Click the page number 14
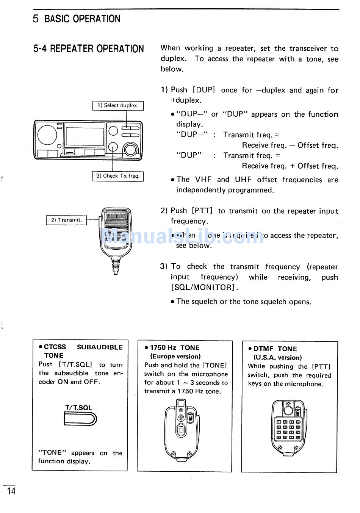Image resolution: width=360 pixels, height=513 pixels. [x=11, y=491]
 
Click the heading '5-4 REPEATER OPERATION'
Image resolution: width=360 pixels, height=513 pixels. [x=89, y=49]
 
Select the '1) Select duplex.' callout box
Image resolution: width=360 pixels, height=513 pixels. [x=118, y=106]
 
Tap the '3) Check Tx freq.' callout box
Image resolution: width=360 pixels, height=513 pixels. [x=118, y=176]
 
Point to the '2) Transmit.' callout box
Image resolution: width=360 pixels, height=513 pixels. [x=66, y=220]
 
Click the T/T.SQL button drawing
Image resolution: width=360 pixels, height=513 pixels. [x=80, y=419]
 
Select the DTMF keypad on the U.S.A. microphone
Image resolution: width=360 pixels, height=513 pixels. [x=288, y=429]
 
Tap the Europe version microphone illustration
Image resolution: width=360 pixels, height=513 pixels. [x=182, y=428]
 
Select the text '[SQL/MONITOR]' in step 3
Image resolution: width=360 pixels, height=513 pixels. [x=203, y=288]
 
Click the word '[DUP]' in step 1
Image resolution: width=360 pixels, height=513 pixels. [x=204, y=90]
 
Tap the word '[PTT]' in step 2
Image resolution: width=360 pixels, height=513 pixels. [x=202, y=211]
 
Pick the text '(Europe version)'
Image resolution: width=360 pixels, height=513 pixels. [x=175, y=357]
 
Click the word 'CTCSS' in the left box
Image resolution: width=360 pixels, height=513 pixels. [x=55, y=347]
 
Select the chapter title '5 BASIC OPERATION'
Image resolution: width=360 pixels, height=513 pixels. [x=77, y=19]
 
